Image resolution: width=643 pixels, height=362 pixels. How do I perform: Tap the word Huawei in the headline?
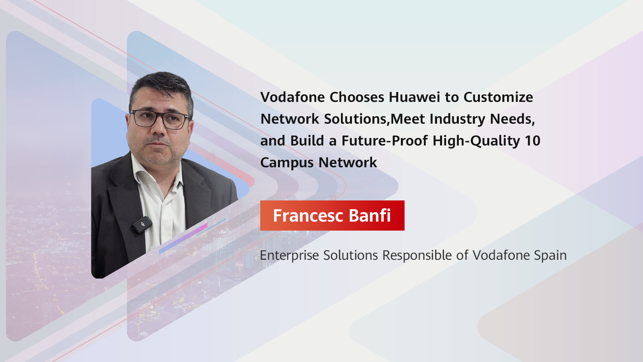[x=414, y=97]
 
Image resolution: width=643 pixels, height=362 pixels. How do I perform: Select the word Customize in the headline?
[x=498, y=97]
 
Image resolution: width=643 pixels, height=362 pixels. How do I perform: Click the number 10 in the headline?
[x=532, y=141]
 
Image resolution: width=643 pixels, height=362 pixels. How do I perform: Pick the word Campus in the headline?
[x=287, y=163]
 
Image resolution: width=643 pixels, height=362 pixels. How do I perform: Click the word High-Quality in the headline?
[x=476, y=141]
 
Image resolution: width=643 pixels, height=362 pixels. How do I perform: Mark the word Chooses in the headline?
[x=357, y=97]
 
